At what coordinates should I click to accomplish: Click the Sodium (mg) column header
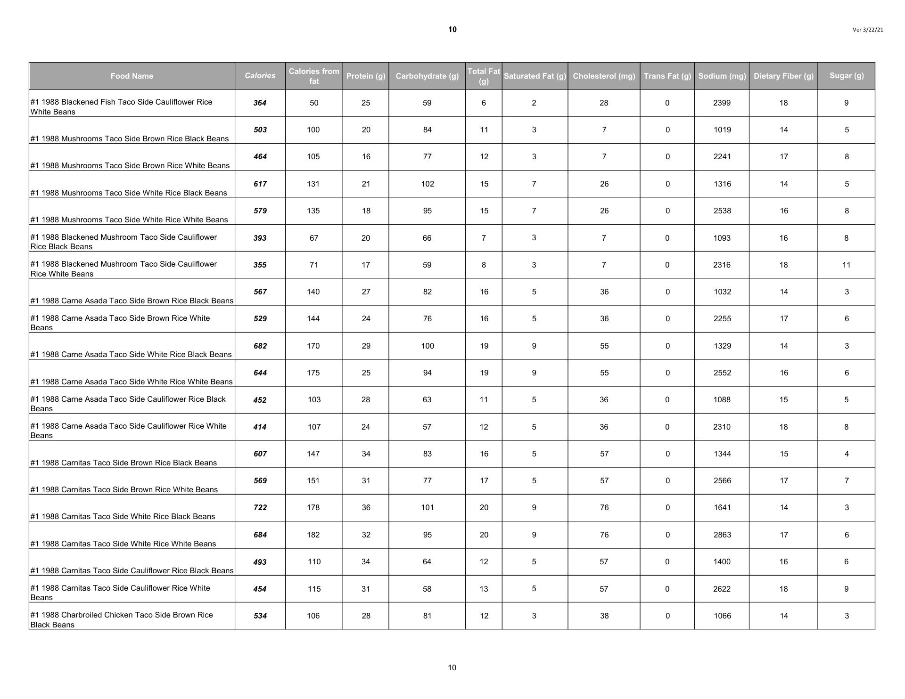coord(722,76)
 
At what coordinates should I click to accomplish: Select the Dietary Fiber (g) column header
coord(783,76)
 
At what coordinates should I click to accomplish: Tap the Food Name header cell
coord(132,76)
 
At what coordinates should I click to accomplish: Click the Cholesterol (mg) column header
coord(604,76)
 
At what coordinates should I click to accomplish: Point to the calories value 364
coord(260,103)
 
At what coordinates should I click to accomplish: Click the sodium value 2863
coord(722,535)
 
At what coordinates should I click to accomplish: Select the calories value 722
coord(260,507)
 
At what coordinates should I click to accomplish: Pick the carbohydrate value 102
coord(428,184)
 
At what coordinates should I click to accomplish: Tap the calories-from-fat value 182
coord(313,535)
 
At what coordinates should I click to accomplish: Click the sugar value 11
coord(847,265)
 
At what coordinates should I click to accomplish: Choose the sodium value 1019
coord(722,130)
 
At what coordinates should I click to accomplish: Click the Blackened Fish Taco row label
coord(121,107)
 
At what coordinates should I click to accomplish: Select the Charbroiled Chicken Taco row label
coord(121,620)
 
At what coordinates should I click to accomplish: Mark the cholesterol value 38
coord(604,616)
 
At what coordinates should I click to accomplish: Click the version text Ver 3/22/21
coord(868,30)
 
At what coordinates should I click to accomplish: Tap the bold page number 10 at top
coord(452,30)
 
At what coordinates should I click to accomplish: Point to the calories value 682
coord(260,346)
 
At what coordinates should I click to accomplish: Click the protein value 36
coord(366,507)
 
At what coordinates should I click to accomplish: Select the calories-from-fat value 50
coord(314,103)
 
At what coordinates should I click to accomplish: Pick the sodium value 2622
coord(722,589)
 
